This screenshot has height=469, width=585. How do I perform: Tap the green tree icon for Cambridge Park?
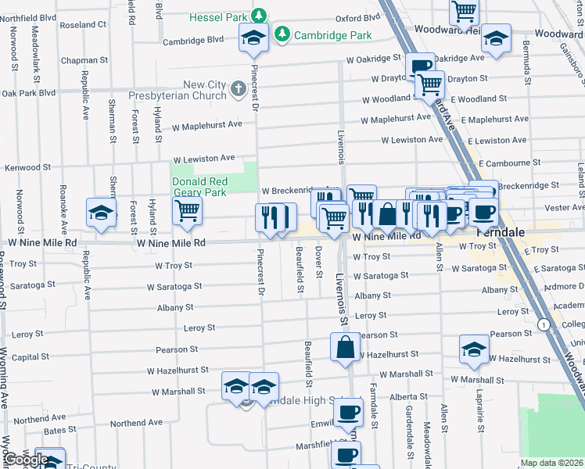pos(282,35)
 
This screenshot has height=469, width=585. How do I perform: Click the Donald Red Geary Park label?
pos(199,187)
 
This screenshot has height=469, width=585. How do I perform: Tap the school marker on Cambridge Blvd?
pos(254,39)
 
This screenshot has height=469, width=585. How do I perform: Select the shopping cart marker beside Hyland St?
pos(187,210)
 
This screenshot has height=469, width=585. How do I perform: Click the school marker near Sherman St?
pos(101,212)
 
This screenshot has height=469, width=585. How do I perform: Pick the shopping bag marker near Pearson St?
pos(345,347)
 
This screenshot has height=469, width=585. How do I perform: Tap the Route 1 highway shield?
pos(542,324)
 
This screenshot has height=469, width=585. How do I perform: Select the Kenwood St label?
pos(27,167)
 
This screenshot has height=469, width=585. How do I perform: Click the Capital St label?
pos(31,357)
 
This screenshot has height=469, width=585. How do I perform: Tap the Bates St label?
pos(54,431)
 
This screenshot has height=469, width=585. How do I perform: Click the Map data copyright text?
pos(551,463)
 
